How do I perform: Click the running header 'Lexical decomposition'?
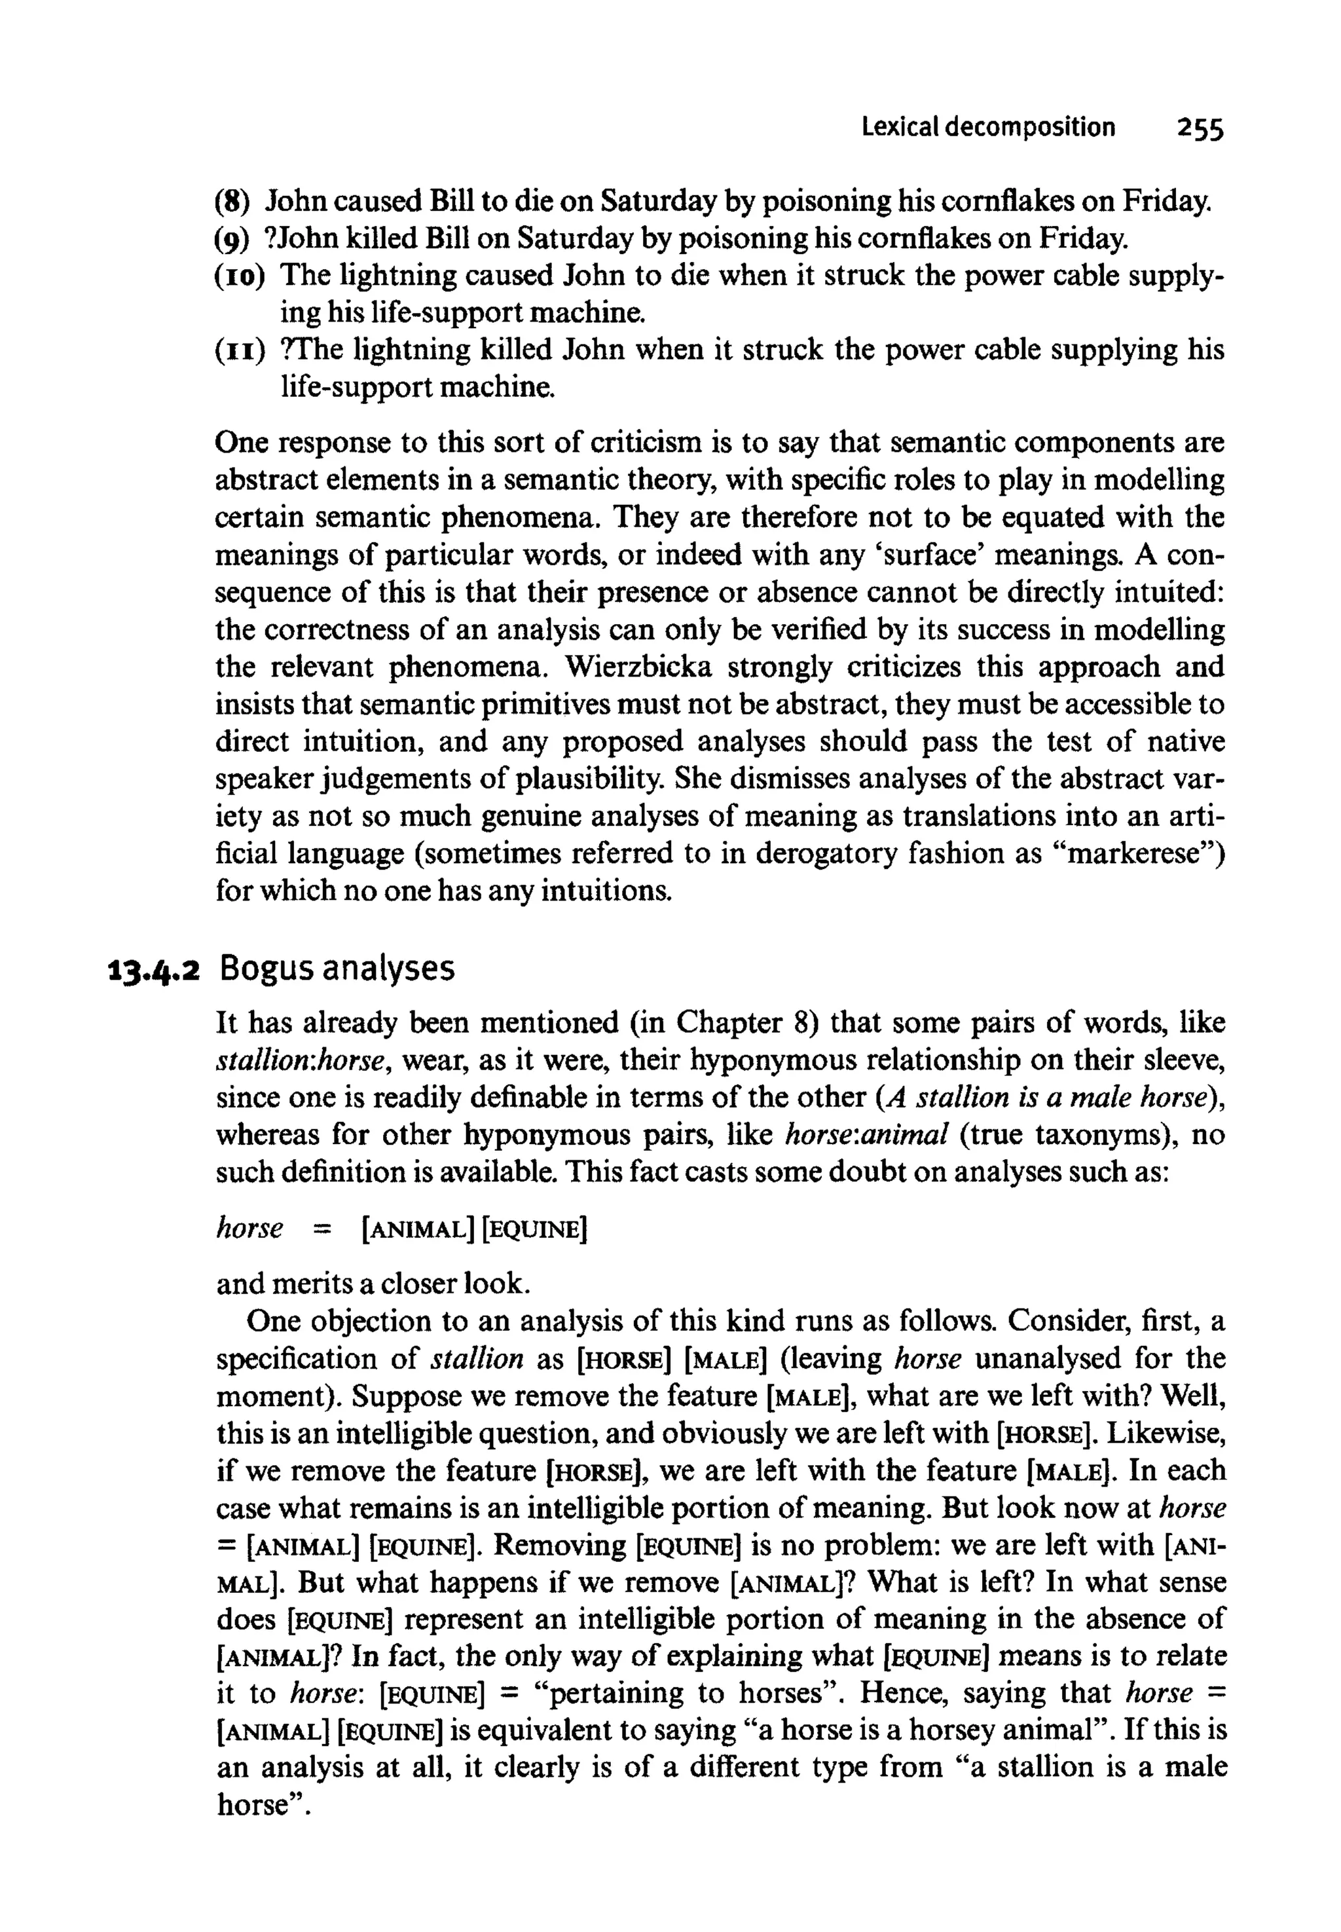coord(988,128)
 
